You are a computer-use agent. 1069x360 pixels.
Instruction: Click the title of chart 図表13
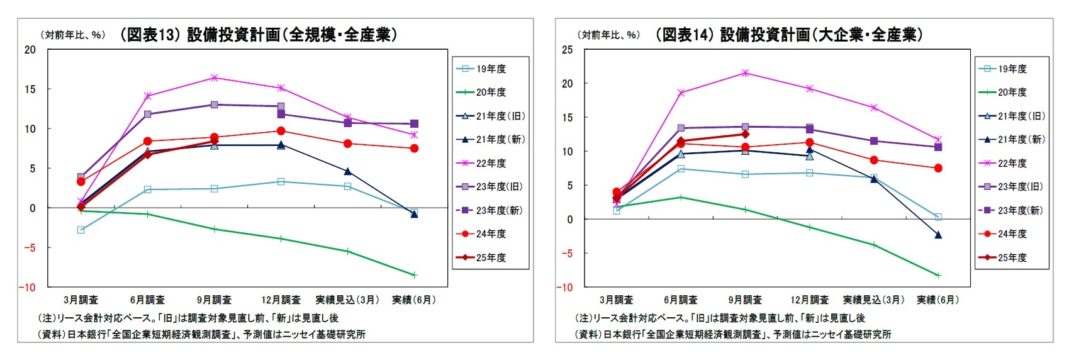[259, 35]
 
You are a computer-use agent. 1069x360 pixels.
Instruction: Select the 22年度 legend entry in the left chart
[490, 163]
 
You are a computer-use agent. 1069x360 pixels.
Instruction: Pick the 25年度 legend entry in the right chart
[1012, 257]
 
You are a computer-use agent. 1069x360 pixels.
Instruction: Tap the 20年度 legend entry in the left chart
[490, 93]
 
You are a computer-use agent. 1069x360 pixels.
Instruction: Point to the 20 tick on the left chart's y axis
[30, 50]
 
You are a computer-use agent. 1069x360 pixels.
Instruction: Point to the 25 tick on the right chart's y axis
[567, 50]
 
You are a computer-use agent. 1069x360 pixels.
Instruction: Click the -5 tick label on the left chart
[29, 247]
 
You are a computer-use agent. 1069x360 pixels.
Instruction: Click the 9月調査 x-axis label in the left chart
[214, 300]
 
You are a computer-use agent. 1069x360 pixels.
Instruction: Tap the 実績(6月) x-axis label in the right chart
[937, 300]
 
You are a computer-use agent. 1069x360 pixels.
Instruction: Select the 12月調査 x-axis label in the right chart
[809, 300]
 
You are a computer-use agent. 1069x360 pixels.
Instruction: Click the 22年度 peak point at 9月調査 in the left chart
[214, 77]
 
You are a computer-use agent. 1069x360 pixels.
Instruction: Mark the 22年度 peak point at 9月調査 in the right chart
[745, 73]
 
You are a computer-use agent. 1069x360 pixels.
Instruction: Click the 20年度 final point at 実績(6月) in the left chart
[414, 275]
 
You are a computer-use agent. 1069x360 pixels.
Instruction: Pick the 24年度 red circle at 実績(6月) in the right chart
[937, 168]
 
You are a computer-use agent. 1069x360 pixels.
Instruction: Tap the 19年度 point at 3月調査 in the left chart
[81, 230]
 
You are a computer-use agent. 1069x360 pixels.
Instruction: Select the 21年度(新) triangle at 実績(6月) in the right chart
[937, 235]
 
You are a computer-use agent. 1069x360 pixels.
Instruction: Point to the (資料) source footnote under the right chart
[733, 334]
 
